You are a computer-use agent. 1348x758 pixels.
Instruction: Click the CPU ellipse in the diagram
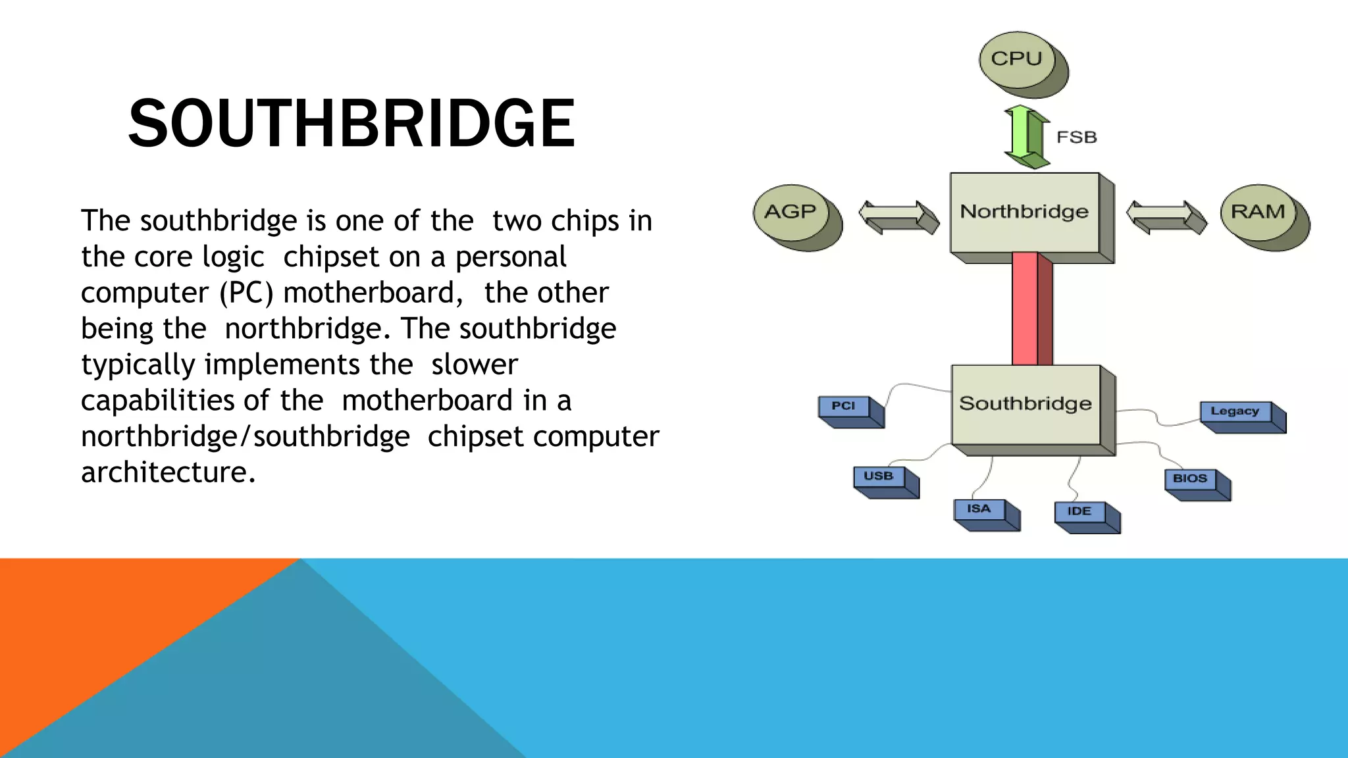point(1018,60)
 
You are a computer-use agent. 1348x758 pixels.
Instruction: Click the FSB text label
point(1077,138)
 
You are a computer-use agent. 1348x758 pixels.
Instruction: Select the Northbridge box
point(1025,213)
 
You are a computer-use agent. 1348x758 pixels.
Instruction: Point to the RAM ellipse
point(1258,213)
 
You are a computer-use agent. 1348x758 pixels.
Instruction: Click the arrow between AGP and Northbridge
point(898,216)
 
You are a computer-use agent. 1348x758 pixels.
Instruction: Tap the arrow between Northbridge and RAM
point(1166,216)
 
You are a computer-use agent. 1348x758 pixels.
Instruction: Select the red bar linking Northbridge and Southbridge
point(1031,309)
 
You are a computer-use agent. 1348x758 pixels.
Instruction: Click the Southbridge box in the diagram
point(1025,404)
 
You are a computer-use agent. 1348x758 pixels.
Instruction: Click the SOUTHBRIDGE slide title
point(351,123)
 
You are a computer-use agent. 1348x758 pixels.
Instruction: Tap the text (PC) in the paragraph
point(246,293)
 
